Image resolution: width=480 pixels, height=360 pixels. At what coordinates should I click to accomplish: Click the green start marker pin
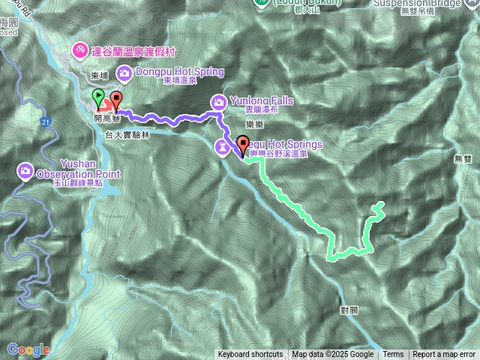(97, 97)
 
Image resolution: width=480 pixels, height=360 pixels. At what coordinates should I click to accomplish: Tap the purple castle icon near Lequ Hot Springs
(223, 145)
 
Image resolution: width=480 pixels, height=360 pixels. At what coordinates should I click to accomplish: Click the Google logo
(28, 349)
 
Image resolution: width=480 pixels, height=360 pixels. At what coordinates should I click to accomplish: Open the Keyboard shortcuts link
(250, 355)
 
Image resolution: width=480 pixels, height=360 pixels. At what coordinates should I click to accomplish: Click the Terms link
(393, 355)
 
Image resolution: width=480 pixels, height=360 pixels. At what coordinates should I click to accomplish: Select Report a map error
(444, 355)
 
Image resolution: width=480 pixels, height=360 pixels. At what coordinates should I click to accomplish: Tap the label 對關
(349, 309)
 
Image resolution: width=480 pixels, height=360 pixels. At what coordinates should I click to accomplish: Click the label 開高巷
(106, 118)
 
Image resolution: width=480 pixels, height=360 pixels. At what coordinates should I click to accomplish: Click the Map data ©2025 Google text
(333, 355)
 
